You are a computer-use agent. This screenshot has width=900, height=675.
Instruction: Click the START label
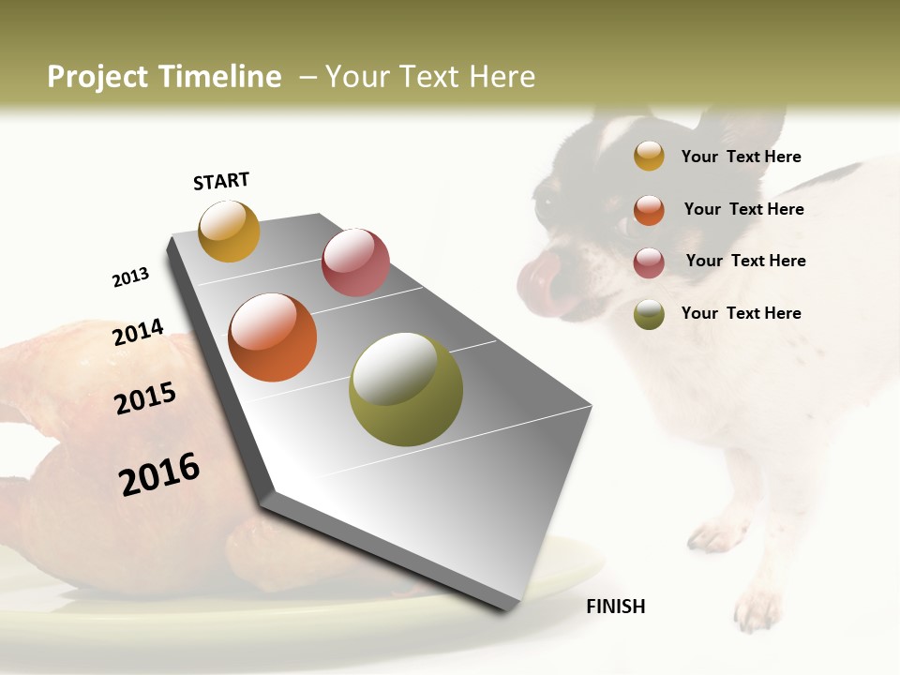pyautogui.click(x=221, y=181)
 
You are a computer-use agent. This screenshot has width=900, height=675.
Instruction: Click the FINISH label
pyautogui.click(x=616, y=607)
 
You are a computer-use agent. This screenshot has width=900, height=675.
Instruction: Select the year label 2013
pyautogui.click(x=130, y=277)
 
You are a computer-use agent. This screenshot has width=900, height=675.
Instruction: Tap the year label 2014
pyautogui.click(x=138, y=332)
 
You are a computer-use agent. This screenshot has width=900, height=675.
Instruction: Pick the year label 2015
pyautogui.click(x=145, y=398)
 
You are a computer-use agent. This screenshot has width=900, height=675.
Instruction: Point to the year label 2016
pyautogui.click(x=159, y=473)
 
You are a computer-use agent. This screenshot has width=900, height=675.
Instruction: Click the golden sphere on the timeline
pyautogui.click(x=229, y=231)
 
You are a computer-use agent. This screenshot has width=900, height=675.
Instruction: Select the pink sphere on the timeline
pyautogui.click(x=355, y=262)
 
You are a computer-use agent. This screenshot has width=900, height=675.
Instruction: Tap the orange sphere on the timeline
pyautogui.click(x=272, y=337)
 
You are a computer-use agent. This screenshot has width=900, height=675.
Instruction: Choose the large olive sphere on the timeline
pyautogui.click(x=406, y=389)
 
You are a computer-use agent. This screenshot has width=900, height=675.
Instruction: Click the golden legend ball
pyautogui.click(x=649, y=156)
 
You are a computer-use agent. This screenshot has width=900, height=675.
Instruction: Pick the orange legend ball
pyautogui.click(x=649, y=210)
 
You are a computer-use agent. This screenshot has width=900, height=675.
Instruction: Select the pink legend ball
pyautogui.click(x=649, y=262)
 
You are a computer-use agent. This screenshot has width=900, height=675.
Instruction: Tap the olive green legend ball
pyautogui.click(x=649, y=314)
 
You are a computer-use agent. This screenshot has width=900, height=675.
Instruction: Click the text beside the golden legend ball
pyautogui.click(x=741, y=157)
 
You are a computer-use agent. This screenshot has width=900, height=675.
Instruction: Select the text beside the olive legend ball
pyautogui.click(x=741, y=313)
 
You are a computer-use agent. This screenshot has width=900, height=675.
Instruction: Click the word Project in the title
pyautogui.click(x=98, y=77)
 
